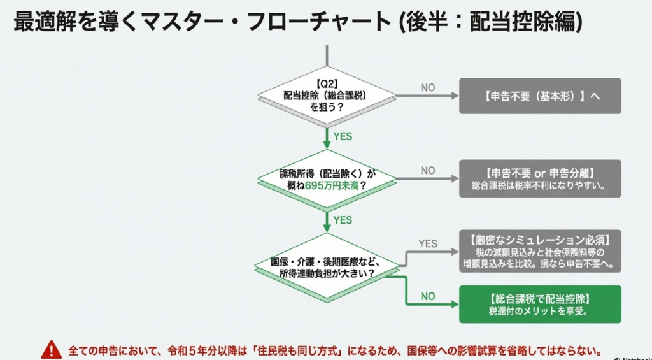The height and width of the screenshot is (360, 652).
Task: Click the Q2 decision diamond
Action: (327, 95)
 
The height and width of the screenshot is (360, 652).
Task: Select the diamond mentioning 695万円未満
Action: (327, 178)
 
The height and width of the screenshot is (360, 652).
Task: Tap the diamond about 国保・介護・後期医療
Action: (327, 266)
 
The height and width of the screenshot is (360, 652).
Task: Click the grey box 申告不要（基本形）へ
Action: (540, 96)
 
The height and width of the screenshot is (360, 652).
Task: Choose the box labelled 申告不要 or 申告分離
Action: (540, 178)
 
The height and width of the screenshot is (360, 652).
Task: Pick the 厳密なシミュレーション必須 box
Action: (540, 251)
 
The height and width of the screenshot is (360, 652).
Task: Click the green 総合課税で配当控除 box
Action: (540, 304)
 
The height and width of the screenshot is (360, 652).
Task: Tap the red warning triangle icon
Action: (51, 349)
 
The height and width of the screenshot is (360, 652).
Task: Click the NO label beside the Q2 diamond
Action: (428, 88)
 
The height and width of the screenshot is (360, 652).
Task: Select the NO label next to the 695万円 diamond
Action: (428, 171)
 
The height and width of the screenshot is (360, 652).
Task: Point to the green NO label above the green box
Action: (428, 296)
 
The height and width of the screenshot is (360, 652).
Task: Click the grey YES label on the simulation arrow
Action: (428, 243)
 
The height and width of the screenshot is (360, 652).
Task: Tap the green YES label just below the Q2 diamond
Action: (343, 136)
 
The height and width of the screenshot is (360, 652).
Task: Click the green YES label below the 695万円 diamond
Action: (343, 220)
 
